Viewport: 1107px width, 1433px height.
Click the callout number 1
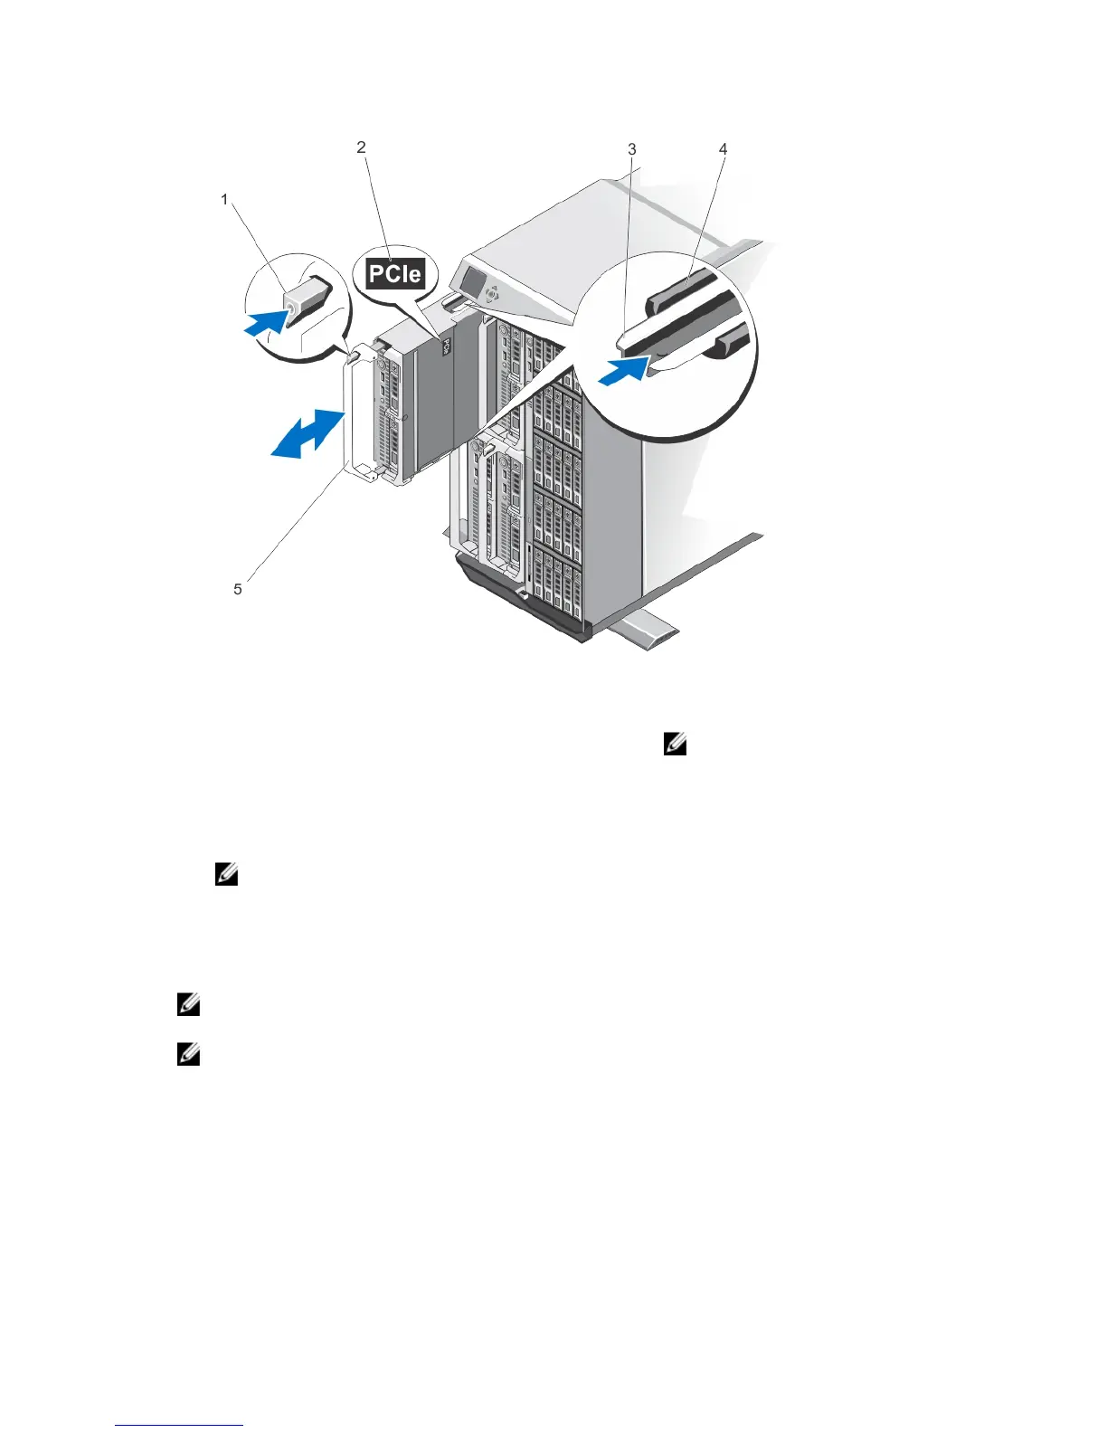225,199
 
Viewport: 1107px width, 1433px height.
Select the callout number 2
362,147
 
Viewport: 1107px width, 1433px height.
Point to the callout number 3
632,149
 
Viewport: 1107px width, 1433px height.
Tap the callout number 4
723,149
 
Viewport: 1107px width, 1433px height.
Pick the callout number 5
238,589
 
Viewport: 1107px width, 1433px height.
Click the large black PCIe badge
395,273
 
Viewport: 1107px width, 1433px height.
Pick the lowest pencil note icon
188,1055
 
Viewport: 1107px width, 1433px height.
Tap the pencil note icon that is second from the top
226,875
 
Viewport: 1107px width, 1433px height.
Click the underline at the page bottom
179,1426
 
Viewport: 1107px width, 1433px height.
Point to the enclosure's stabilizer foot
644,631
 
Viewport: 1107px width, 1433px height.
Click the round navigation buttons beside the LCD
491,294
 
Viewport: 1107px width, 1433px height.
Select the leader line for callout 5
289,525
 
